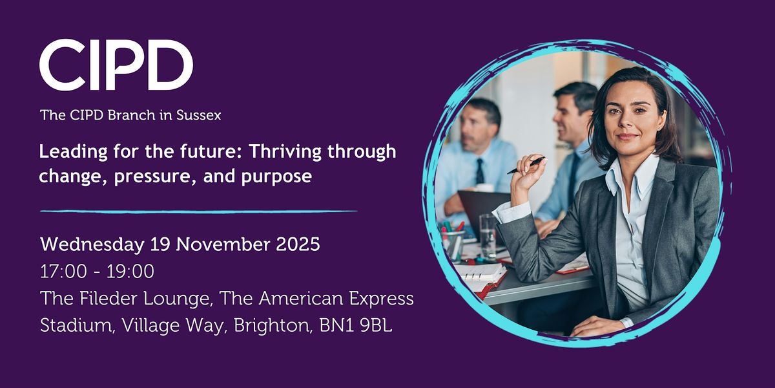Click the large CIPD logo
click(116, 65)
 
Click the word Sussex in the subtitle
click(200, 116)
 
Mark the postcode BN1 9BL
click(356, 326)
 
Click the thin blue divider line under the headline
click(198, 211)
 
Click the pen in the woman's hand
click(526, 165)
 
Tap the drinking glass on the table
click(488, 236)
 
